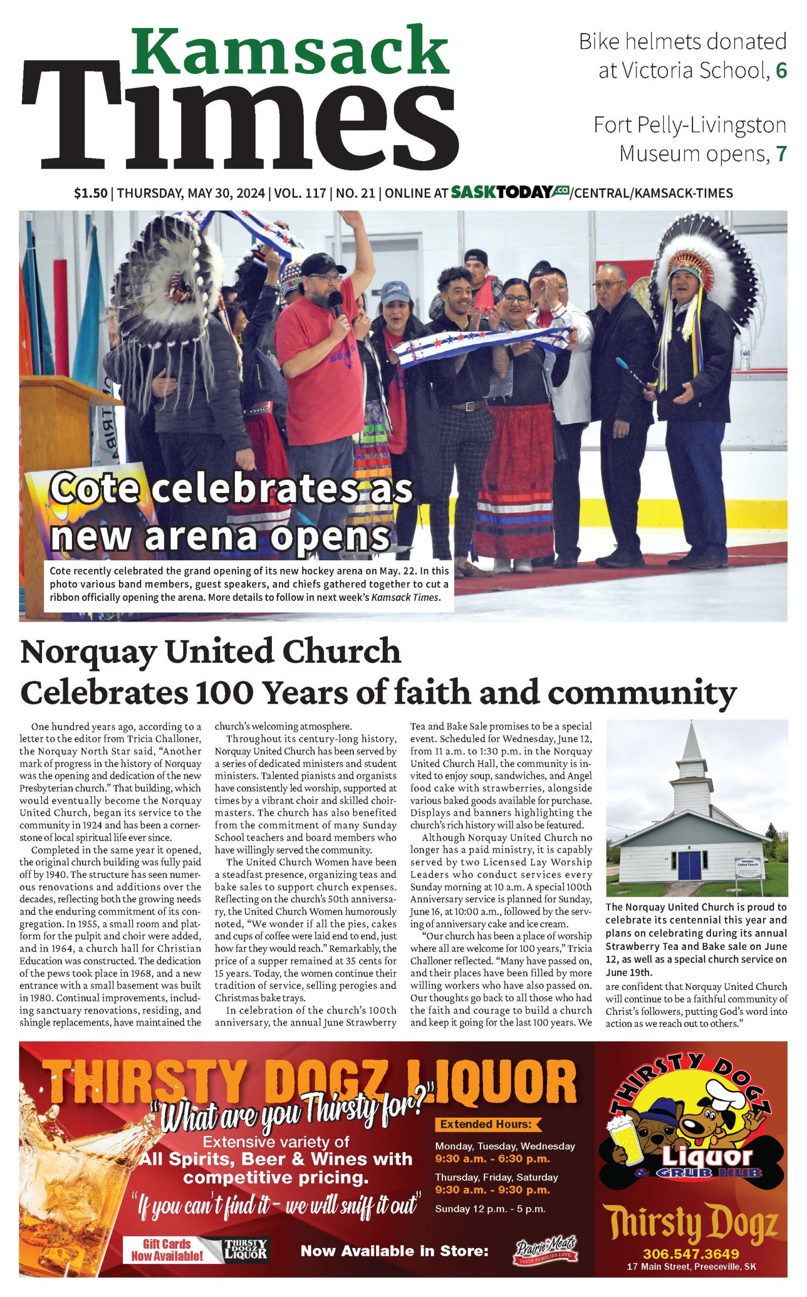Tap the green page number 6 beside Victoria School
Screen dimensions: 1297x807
point(781,70)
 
